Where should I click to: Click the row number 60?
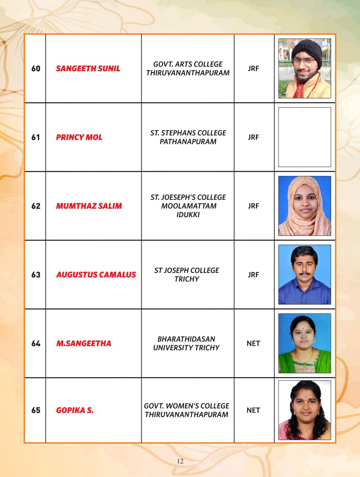[36, 69]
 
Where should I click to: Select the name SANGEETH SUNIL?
[88, 69]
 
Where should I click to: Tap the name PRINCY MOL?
[79, 137]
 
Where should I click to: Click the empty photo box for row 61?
[304, 137]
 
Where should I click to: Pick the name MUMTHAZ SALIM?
[89, 206]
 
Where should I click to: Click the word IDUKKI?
[188, 215]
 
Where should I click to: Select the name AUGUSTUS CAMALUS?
[96, 275]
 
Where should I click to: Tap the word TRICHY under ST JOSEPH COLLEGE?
[187, 279]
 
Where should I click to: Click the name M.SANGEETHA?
[84, 343]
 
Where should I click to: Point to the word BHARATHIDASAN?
[186, 339]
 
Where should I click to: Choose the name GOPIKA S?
[75, 410]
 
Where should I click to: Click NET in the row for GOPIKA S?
[253, 410]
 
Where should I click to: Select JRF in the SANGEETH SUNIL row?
[253, 69]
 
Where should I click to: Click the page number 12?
[180, 461]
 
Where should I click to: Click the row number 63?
[36, 275]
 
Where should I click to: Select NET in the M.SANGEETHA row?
[253, 343]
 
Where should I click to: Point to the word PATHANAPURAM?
[188, 142]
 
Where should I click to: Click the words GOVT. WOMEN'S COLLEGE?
[186, 406]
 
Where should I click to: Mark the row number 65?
[36, 410]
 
